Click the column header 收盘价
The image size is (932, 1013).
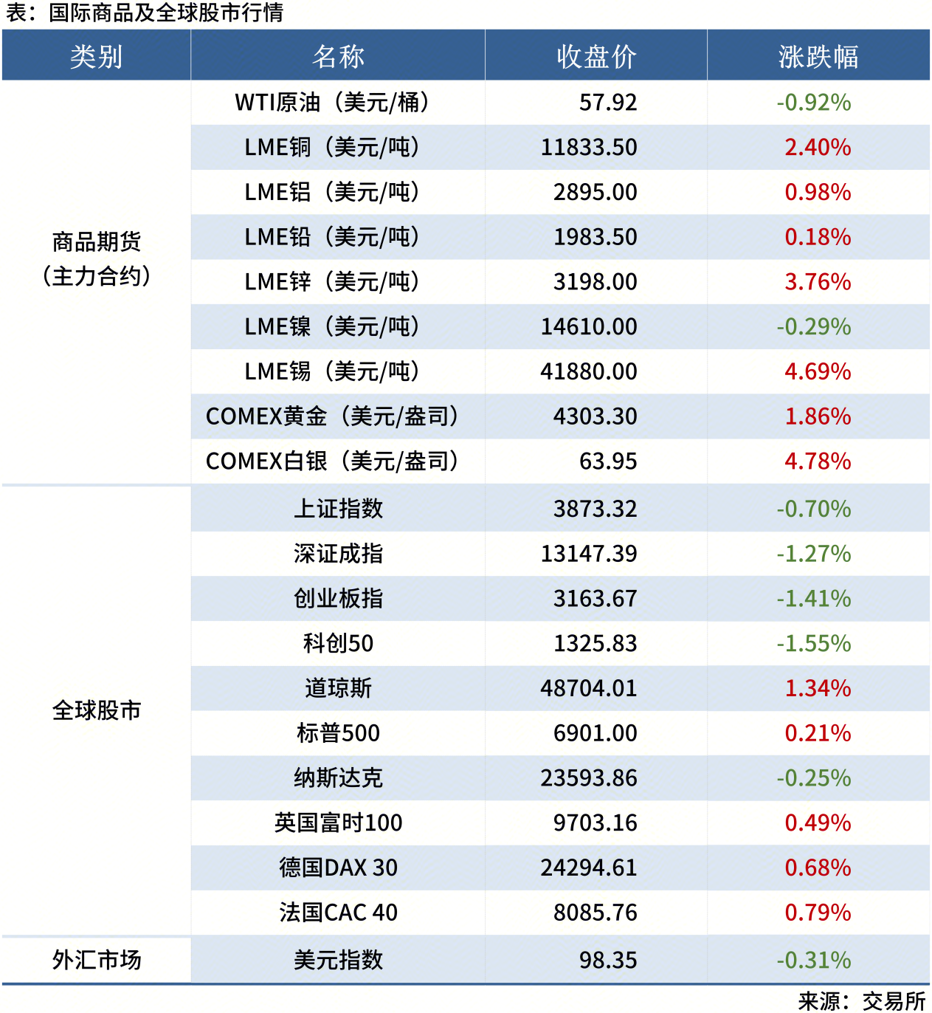pyautogui.click(x=596, y=56)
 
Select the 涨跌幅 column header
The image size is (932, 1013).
pyautogui.click(x=818, y=56)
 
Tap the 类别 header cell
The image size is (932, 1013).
pyautogui.click(x=96, y=56)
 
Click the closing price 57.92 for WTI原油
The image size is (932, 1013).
pyautogui.click(x=607, y=103)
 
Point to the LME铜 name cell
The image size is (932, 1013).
pyautogui.click(x=332, y=148)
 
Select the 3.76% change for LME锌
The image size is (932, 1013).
pyautogui.click(x=817, y=282)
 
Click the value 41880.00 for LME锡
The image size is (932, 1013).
pyautogui.click(x=588, y=371)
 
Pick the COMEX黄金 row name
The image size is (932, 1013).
pyautogui.click(x=332, y=416)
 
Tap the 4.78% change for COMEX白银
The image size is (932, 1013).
pyautogui.click(x=817, y=461)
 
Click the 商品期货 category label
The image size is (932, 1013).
pyautogui.click(x=96, y=241)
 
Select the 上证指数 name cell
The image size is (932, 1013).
pyautogui.click(x=338, y=509)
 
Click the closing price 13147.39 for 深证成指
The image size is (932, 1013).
pyautogui.click(x=588, y=554)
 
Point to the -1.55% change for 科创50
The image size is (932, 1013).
pyautogui.click(x=813, y=644)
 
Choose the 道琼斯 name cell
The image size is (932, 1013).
pyautogui.click(x=338, y=689)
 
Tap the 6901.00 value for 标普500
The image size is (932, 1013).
pyautogui.click(x=595, y=733)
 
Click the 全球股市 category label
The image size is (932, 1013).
pyautogui.click(x=96, y=710)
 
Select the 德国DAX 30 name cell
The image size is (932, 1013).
pyautogui.click(x=338, y=868)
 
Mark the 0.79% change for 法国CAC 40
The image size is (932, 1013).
pyautogui.click(x=817, y=913)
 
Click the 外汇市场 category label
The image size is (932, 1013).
pyautogui.click(x=96, y=960)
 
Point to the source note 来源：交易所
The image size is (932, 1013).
pyautogui.click(x=861, y=1001)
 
